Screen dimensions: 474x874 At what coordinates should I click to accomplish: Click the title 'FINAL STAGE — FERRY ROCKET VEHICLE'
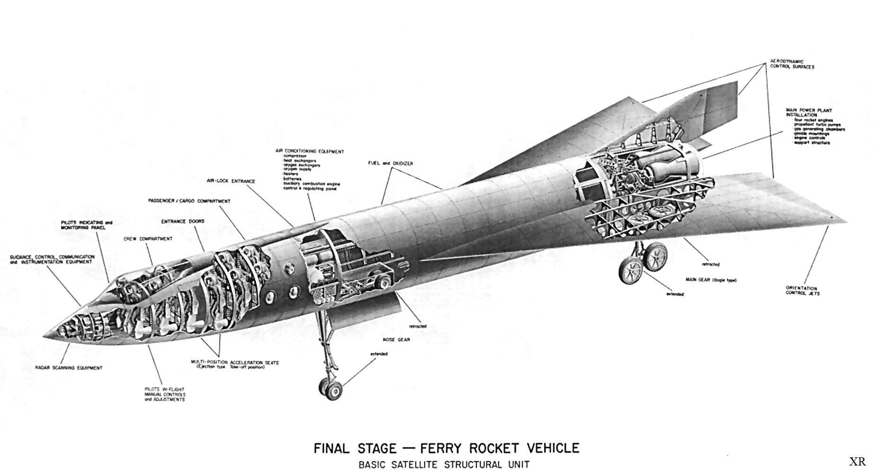tap(446, 448)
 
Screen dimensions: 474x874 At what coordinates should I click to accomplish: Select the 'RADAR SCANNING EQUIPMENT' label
tap(69, 368)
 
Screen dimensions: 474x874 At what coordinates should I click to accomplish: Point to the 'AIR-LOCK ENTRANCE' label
tap(231, 181)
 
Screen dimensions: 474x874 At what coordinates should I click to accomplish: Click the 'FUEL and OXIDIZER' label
tap(390, 163)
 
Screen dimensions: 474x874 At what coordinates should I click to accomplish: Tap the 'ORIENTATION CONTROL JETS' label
tap(802, 291)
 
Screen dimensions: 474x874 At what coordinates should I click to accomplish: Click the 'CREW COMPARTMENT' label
tap(148, 239)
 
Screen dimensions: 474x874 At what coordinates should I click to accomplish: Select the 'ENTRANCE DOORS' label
tap(182, 221)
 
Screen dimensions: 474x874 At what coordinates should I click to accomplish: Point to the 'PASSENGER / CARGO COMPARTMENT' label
tap(189, 201)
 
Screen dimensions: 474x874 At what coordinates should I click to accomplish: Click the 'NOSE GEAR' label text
tap(396, 339)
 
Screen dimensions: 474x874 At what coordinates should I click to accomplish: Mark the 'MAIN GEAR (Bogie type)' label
tap(711, 280)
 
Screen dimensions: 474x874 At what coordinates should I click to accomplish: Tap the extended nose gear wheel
tap(335, 390)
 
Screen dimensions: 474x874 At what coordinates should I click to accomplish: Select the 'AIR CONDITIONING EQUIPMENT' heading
tap(310, 152)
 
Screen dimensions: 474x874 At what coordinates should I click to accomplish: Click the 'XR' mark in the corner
tap(857, 462)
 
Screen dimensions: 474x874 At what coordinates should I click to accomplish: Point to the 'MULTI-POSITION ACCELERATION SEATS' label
tap(235, 363)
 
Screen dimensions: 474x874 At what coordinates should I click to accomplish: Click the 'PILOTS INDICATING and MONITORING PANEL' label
tap(87, 225)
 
